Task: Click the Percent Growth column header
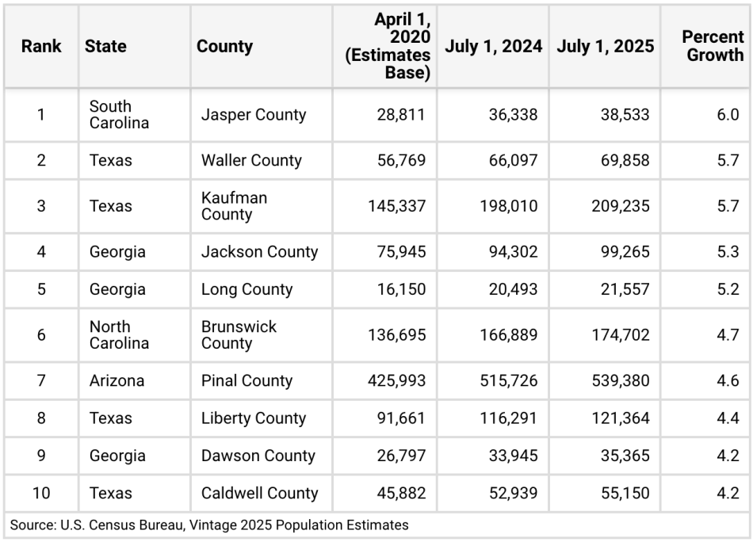click(x=713, y=46)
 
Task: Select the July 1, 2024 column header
click(x=493, y=46)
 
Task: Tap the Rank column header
click(x=41, y=46)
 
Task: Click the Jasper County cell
click(x=253, y=115)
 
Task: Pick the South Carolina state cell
click(x=119, y=115)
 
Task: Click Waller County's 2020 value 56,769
click(x=396, y=161)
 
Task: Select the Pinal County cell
click(x=247, y=381)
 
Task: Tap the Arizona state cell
click(x=117, y=381)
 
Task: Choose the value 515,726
click(x=508, y=381)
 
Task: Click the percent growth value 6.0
click(x=728, y=115)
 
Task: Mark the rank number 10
click(x=41, y=494)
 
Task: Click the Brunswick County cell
click(x=239, y=335)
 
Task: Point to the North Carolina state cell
click(x=119, y=335)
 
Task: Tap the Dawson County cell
click(x=258, y=456)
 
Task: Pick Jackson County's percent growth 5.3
click(x=728, y=252)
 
